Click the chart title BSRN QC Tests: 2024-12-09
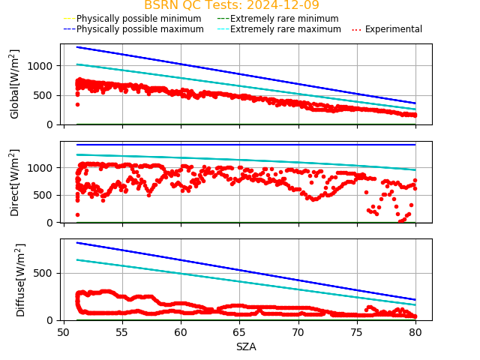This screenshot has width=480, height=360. pyautogui.click(x=232, y=5)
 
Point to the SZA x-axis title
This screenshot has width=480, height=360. pyautogui.click(x=246, y=346)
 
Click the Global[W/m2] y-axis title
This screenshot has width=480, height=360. pyautogui.click(x=15, y=84)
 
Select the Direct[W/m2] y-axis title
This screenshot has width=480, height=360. pyautogui.click(x=15, y=182)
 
